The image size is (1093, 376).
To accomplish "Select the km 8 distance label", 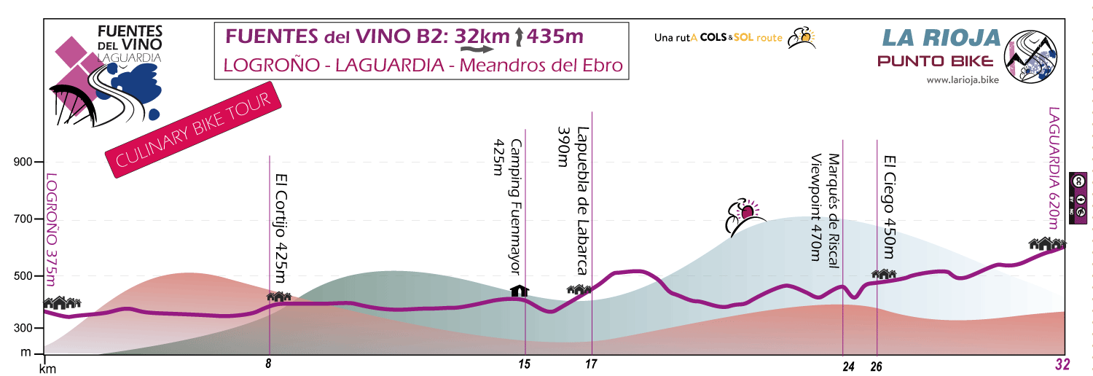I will pos(269,364).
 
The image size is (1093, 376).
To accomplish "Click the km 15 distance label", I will pos(524,364).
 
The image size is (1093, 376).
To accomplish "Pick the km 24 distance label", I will pos(847,367).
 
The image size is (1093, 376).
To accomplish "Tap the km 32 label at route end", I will pos(1063,365).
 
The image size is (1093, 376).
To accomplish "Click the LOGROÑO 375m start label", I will pos(50,230).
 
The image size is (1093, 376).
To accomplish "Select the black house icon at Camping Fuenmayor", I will pos(519,291).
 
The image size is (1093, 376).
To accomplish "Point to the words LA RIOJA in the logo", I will pos(939,37).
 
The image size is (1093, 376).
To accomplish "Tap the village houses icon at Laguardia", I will pos(1047,243).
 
